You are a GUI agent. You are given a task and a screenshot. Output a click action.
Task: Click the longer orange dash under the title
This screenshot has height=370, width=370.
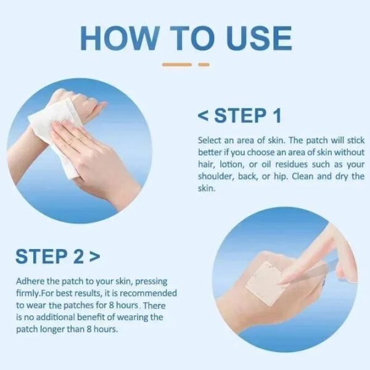point(178,64)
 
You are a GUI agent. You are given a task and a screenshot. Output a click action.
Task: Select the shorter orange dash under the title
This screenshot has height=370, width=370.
point(203,64)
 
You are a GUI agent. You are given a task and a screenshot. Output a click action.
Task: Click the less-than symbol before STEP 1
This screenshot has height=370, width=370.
point(203,115)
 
